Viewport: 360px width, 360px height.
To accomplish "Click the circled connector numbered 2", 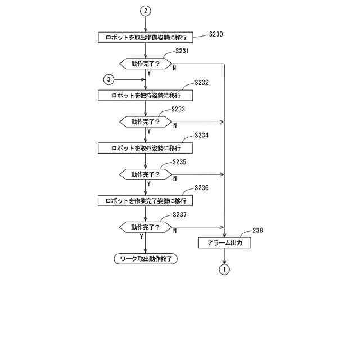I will (146, 11).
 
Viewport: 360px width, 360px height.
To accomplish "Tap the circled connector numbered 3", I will (109, 79).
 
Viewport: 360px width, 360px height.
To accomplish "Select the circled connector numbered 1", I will (224, 269).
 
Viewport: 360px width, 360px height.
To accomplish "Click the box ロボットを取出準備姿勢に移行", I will (146, 38).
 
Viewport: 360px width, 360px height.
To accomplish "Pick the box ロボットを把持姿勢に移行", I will (146, 95).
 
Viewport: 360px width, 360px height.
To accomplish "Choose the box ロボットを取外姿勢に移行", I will (146, 148).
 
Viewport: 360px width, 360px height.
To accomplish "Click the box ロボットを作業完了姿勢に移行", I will (146, 201).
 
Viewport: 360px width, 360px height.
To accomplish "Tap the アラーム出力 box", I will (224, 244).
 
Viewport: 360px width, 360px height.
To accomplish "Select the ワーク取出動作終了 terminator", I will (146, 259).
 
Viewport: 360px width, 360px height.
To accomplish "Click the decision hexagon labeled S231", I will (146, 64).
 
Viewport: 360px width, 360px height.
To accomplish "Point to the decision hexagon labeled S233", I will (146, 121).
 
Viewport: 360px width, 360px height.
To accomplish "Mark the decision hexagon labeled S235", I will (146, 174).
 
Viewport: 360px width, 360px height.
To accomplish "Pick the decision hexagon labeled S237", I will (146, 227).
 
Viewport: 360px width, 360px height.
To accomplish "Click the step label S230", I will (216, 34).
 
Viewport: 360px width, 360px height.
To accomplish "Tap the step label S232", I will (201, 83).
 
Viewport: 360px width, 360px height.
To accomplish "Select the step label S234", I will (201, 136).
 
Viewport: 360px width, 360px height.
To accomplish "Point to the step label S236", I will (201, 188).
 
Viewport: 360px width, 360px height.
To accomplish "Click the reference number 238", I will (258, 230).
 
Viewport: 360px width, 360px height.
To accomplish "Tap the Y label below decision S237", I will (141, 237).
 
